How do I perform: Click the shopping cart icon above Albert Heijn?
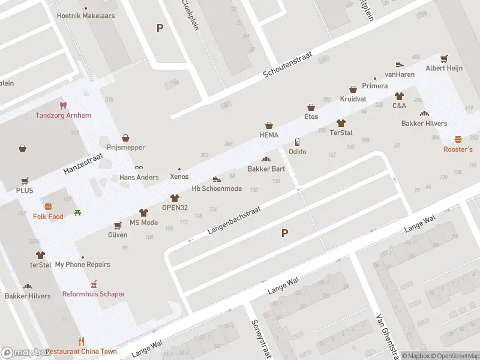pos(443,59)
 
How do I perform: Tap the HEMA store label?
pos(269,135)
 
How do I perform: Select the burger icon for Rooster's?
pos(458,139)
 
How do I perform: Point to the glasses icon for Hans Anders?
pos(139,167)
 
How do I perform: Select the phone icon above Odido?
pos(297,142)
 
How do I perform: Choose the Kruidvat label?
pos(353,99)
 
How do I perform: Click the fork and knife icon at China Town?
pos(82,341)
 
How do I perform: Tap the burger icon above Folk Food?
pos(48,206)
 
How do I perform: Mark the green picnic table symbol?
pos(78,212)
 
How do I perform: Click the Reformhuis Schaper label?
pos(94,294)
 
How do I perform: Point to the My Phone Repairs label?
pos(82,265)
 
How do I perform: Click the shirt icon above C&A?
pos(399,96)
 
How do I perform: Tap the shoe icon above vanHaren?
pos(400,64)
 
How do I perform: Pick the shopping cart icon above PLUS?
pos(25,181)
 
